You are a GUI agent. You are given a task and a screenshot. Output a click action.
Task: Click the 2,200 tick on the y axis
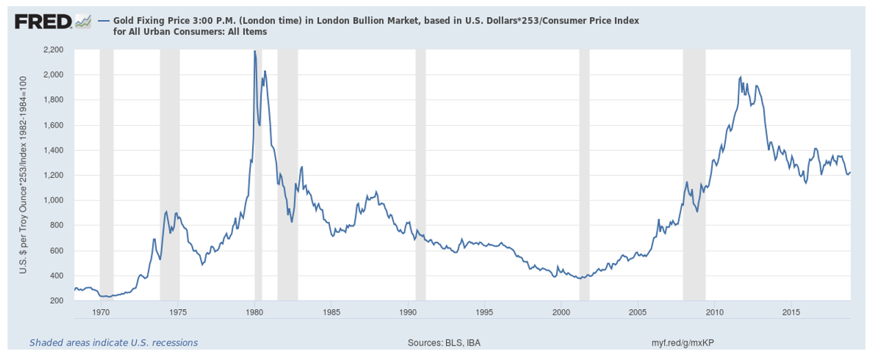point(52,50)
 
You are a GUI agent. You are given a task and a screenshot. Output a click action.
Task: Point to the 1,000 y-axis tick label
point(52,201)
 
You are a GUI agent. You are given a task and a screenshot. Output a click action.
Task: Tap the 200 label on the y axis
point(56,301)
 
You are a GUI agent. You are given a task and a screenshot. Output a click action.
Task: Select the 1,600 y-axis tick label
point(52,126)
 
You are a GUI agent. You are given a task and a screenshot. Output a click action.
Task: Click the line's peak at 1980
point(254,51)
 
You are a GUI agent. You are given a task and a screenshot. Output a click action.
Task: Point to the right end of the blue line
point(850,172)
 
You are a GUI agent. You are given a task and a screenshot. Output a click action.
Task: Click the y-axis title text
point(22,175)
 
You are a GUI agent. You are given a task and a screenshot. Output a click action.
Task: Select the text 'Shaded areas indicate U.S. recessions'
point(113,342)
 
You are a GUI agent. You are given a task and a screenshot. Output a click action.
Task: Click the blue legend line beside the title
point(104,21)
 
